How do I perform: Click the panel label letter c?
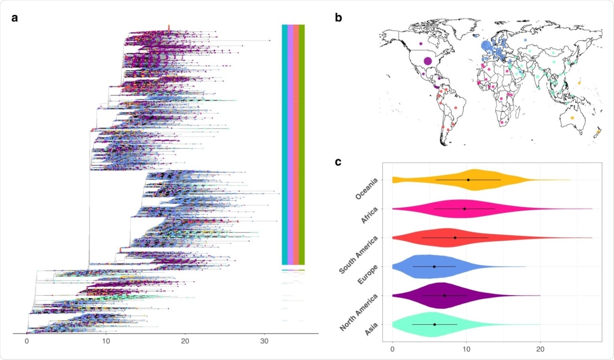tap(338, 162)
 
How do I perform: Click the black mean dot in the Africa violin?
tap(465, 209)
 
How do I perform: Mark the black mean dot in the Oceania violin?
tap(468, 180)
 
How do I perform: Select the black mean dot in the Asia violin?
tap(434, 324)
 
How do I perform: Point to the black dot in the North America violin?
tap(445, 296)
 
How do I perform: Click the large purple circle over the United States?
tap(428, 61)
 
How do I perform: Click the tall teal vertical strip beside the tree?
tap(284, 143)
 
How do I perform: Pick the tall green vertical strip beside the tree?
tap(302, 143)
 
